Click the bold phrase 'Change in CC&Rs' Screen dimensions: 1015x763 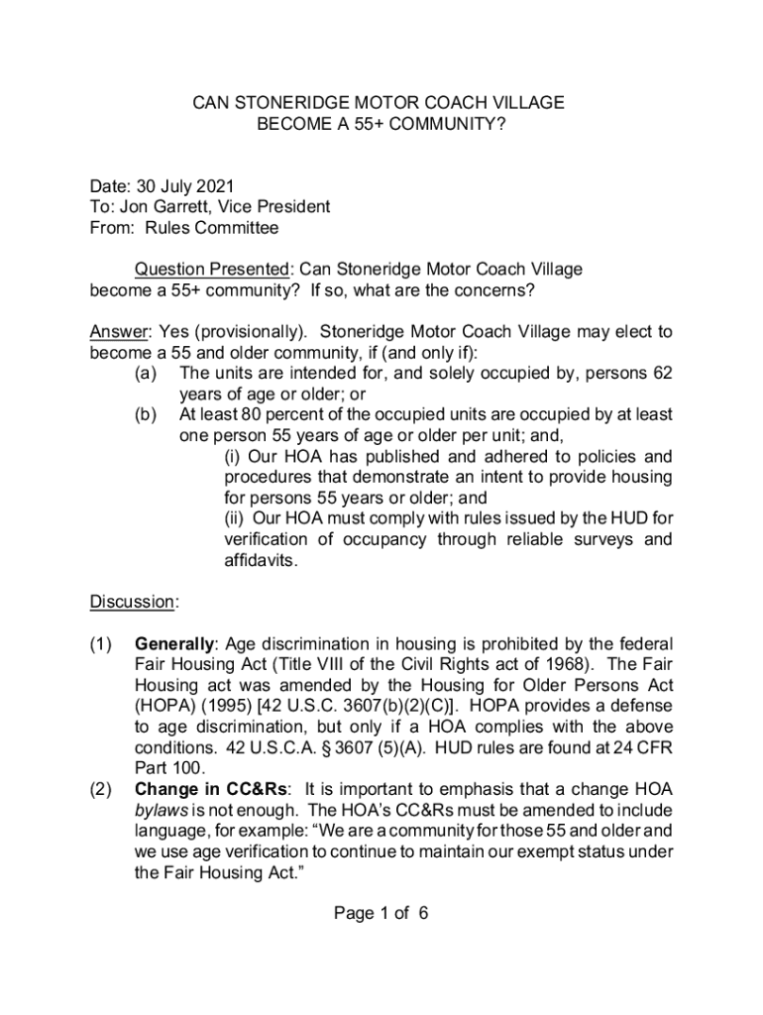212,789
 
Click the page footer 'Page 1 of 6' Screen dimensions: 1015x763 381,913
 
